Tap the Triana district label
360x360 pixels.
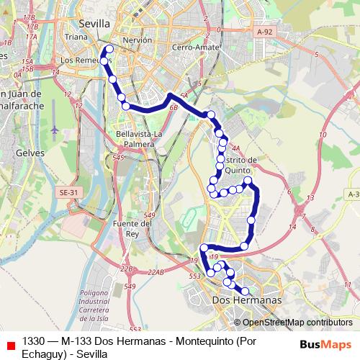pos(76,35)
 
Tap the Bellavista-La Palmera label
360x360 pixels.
pos(135,139)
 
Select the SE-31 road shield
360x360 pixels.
pos(69,193)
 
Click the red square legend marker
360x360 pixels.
pos(10,346)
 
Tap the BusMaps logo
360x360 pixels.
pos(325,343)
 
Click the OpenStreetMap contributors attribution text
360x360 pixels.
pos(293,323)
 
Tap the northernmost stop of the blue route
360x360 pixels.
pos(109,50)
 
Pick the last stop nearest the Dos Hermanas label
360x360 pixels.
pos(245,291)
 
